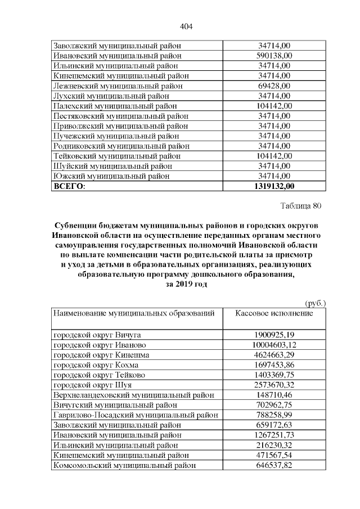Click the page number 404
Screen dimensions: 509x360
186,26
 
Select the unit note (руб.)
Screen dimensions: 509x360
315,303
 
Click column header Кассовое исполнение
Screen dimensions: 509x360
274,313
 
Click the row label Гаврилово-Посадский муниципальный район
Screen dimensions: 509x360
136,415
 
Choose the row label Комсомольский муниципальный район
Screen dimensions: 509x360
124,466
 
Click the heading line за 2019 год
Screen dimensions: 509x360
186,285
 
